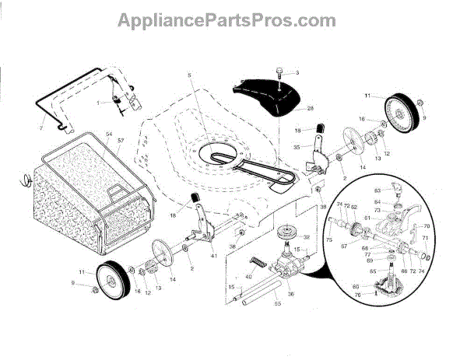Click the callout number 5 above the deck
[x=188, y=76]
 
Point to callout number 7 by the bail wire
[x=41, y=126]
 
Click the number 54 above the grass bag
[x=110, y=135]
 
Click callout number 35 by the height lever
[x=297, y=147]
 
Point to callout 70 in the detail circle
[x=427, y=225]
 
